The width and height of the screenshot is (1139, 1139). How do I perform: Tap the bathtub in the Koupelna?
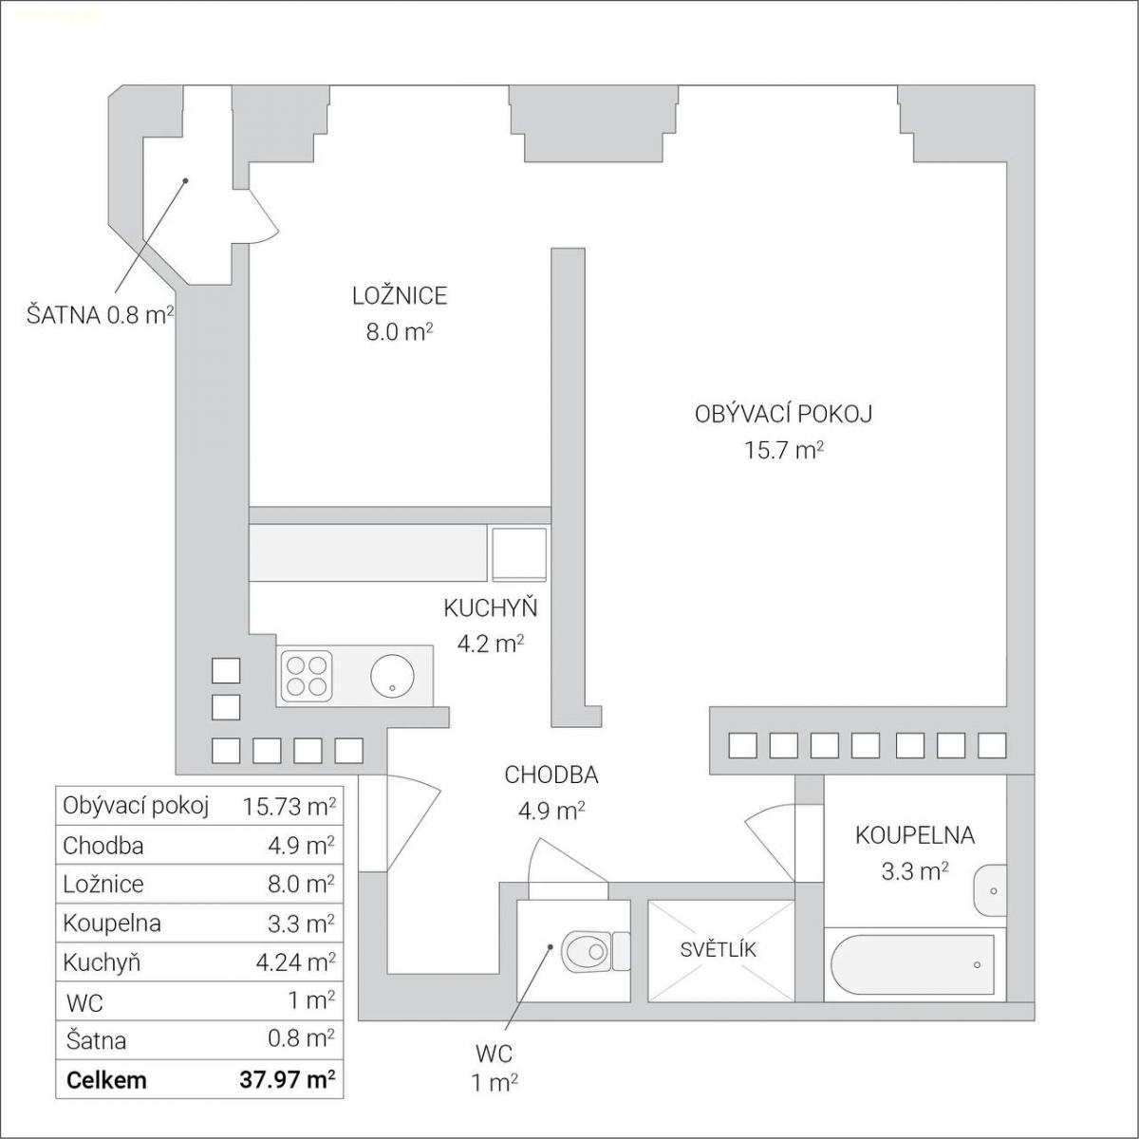tap(912, 964)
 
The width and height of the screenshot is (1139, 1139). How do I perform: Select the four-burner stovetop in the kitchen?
tap(307, 675)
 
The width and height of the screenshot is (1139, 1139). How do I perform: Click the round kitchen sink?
tap(392, 675)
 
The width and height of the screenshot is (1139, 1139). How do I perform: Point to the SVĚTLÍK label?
tap(719, 950)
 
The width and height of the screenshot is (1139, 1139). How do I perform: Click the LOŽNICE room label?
tap(400, 296)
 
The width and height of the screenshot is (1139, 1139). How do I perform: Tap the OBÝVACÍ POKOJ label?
tap(783, 415)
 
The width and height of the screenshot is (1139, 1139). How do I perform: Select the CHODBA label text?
tap(551, 775)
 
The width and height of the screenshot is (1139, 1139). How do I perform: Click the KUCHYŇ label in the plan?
tap(491, 608)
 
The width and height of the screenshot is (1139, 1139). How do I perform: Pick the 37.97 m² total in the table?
tap(288, 1079)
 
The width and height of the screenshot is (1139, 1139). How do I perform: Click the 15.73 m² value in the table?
tap(289, 806)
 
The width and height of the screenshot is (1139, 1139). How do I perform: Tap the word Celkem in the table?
tap(106, 1080)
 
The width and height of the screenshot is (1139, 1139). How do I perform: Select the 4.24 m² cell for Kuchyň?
tap(295, 962)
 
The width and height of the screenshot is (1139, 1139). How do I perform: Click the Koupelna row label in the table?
tap(112, 924)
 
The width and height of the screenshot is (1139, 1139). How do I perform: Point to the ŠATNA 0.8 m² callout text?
tap(100, 315)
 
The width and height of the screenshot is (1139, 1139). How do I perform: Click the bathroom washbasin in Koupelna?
tap(989, 890)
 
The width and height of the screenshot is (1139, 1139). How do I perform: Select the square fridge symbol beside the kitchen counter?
tap(519, 554)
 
